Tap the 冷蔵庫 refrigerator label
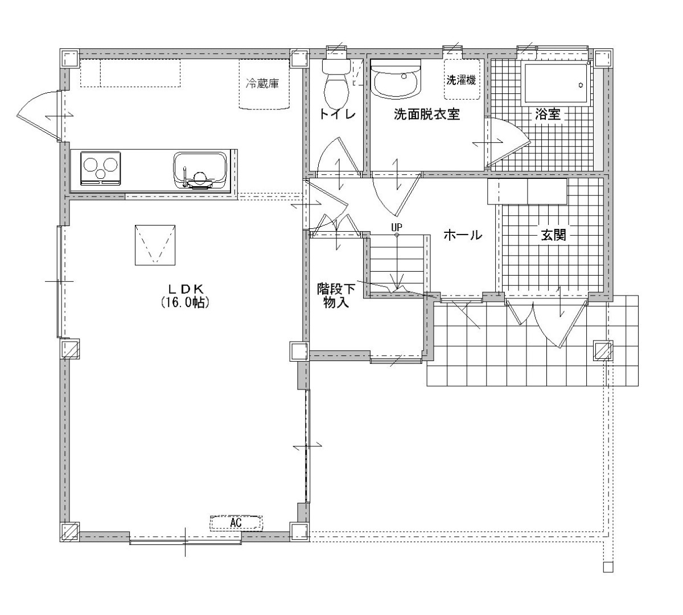click(x=262, y=83)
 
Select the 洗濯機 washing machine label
click(x=461, y=80)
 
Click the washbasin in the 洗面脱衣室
click(x=396, y=80)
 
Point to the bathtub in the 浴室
click(x=556, y=84)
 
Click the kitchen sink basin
click(x=200, y=171)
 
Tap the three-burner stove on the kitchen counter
click(x=100, y=169)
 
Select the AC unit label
click(x=236, y=522)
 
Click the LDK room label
click(x=186, y=289)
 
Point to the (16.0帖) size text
click(x=185, y=302)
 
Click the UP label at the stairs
click(x=397, y=227)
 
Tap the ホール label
click(x=463, y=235)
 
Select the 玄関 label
click(x=553, y=235)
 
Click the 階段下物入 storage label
click(x=336, y=296)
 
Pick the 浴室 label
click(x=548, y=114)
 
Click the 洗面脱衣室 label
click(x=427, y=114)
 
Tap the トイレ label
click(x=337, y=114)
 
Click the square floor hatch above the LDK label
click(x=155, y=245)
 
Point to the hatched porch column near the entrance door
click(x=603, y=350)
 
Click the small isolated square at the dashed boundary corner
click(x=608, y=567)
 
